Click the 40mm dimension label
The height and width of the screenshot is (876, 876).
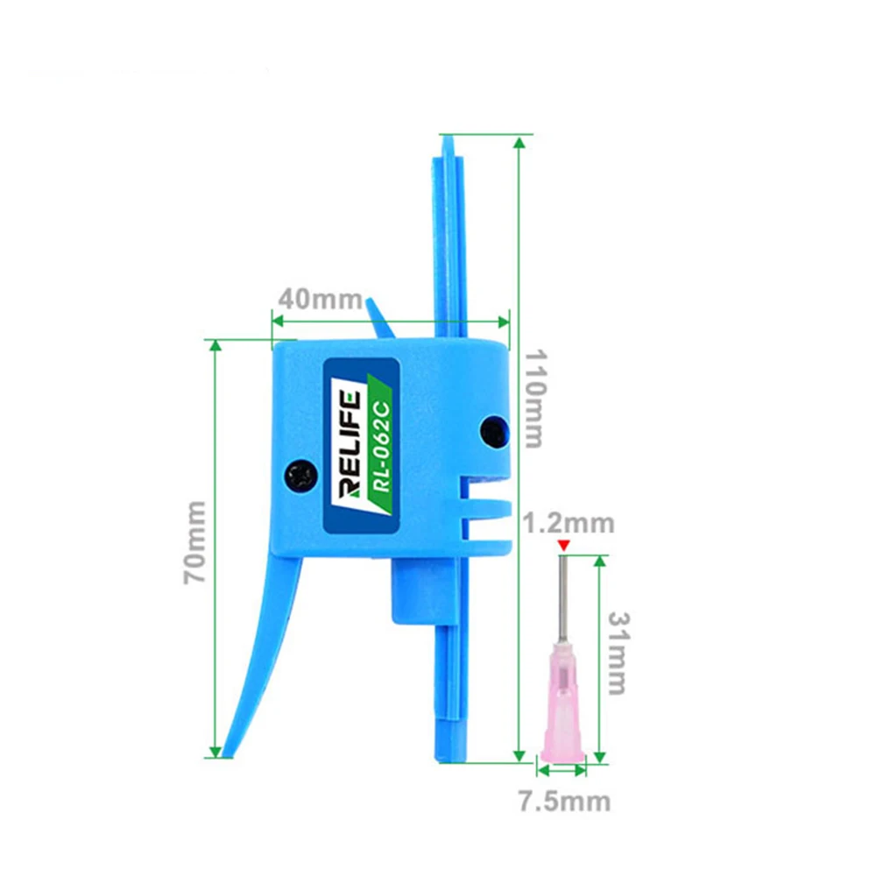320,300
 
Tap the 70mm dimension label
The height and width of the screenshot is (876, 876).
195,542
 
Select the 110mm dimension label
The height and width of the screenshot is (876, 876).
534,399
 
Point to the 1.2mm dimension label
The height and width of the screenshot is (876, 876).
569,524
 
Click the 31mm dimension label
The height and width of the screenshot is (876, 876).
618,653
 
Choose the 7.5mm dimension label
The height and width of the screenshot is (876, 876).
565,802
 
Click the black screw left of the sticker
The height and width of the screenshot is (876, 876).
301,476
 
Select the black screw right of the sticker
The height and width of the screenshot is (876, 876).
494,431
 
